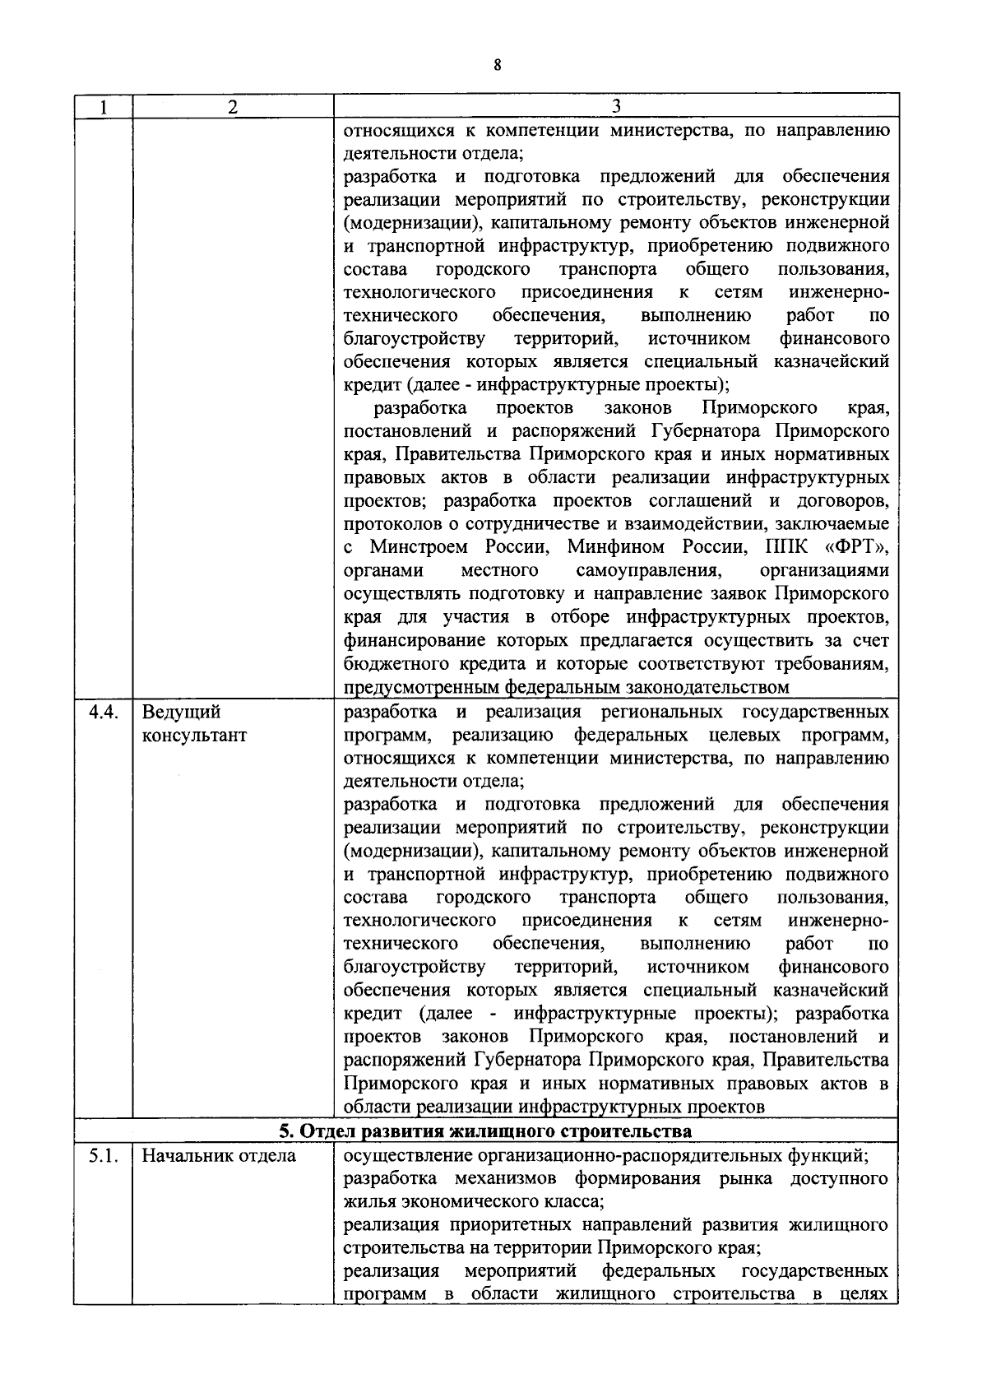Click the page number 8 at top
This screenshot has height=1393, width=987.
pyautogui.click(x=497, y=66)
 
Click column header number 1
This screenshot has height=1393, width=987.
pyautogui.click(x=103, y=107)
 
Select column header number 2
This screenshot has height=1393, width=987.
pyautogui.click(x=233, y=107)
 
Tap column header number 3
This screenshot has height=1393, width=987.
pyautogui.click(x=616, y=107)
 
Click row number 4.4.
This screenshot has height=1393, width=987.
pyautogui.click(x=104, y=713)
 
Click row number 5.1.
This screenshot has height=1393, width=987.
pyautogui.click(x=104, y=1156)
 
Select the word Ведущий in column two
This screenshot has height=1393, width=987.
pyautogui.click(x=181, y=713)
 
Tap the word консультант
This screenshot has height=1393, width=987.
pyautogui.click(x=194, y=736)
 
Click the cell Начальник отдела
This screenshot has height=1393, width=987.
pyautogui.click(x=219, y=1156)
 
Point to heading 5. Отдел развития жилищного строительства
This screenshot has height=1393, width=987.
pyautogui.click(x=485, y=1131)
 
